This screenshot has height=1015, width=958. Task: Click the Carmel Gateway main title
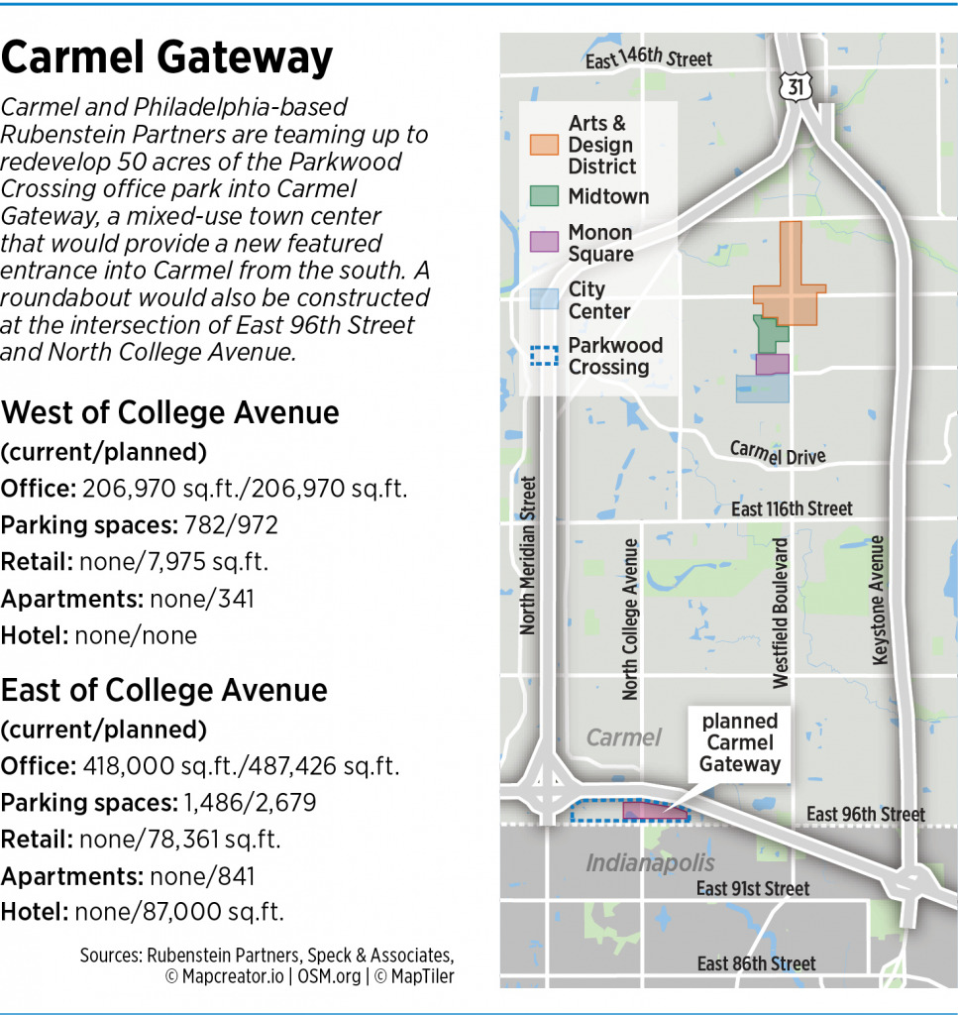(x=166, y=59)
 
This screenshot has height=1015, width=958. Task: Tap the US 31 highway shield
(x=797, y=87)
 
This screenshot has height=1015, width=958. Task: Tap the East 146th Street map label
(x=648, y=59)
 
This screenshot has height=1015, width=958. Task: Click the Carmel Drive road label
(x=777, y=453)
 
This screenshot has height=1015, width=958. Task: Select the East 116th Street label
(x=792, y=508)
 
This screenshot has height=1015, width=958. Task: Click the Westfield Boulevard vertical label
(x=781, y=614)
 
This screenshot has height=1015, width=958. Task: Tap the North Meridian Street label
(x=528, y=556)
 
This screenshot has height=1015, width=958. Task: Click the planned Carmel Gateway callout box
(x=740, y=742)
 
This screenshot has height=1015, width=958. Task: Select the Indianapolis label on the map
(x=650, y=862)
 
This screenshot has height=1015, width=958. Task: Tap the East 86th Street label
(x=757, y=963)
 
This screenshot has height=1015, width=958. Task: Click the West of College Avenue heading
(x=170, y=412)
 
